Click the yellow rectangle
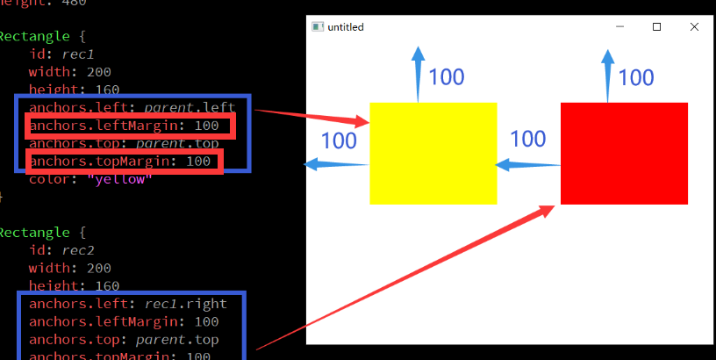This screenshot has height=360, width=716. [433, 154]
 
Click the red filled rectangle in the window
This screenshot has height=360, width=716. [624, 154]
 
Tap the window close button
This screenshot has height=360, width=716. [695, 27]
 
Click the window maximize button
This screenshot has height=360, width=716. [657, 27]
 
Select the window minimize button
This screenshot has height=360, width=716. [619, 27]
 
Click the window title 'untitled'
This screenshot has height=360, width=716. [346, 27]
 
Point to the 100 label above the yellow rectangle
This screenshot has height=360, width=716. [447, 77]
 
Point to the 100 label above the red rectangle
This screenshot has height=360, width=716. [636, 77]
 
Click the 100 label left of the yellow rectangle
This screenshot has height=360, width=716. [339, 140]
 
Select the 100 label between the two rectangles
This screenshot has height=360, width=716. [528, 139]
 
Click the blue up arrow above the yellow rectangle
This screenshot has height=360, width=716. [418, 74]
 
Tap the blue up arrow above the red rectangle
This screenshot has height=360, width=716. [607, 76]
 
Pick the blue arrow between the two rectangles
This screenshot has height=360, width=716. [527, 164]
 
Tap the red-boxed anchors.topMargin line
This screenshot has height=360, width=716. [120, 162]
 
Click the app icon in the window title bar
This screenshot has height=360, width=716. [318, 27]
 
